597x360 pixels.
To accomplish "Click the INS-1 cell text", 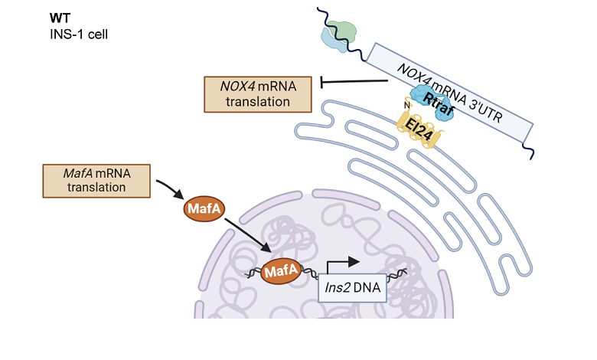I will [81, 34].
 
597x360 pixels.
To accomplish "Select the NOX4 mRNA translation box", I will [257, 93].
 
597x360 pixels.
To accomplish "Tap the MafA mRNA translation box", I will [96, 179].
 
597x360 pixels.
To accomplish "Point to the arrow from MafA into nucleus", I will [247, 235].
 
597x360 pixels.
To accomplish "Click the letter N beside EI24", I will [406, 106].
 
